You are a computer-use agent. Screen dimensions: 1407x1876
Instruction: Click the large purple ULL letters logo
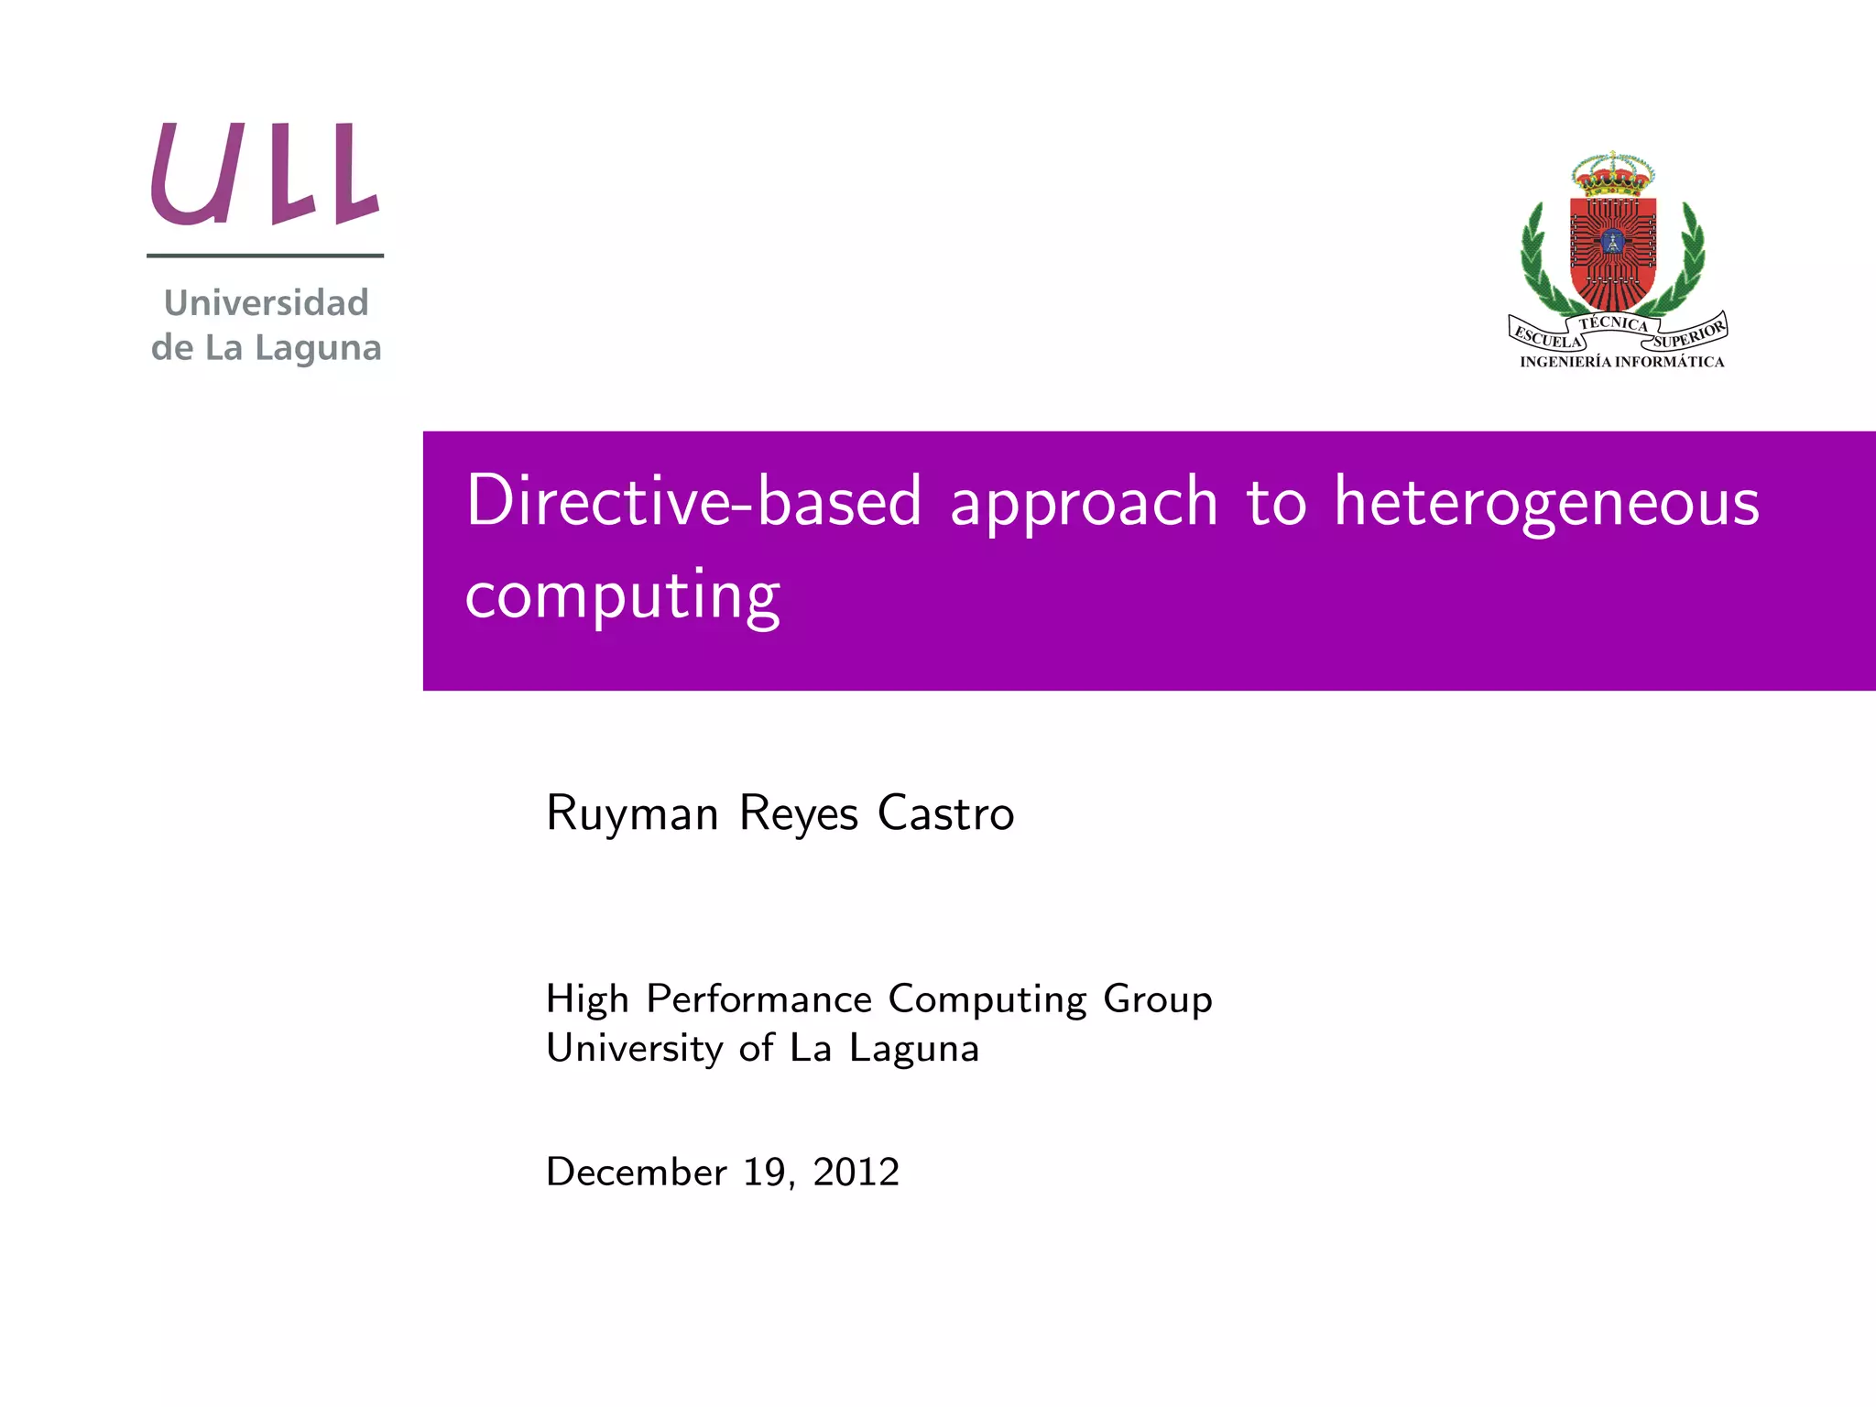[x=265, y=174]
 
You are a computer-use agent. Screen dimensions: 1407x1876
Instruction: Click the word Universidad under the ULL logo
[x=266, y=303]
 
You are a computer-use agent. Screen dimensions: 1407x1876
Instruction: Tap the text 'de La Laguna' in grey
[x=266, y=348]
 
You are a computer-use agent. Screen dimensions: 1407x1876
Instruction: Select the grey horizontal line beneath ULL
[x=265, y=256]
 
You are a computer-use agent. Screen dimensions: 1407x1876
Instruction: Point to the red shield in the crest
[x=1612, y=252]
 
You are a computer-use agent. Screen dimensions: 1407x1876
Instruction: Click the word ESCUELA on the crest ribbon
[x=1547, y=337]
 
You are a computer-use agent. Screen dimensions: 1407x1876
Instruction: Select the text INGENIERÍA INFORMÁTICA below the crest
[x=1621, y=362]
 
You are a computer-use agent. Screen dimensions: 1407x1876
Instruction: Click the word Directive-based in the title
[x=693, y=501]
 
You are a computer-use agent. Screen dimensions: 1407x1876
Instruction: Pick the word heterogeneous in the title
[x=1545, y=503]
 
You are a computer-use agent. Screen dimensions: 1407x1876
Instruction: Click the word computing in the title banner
[x=622, y=595]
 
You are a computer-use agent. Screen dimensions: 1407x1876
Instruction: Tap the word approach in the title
[x=1084, y=503]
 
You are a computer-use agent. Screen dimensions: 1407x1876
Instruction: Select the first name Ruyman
[x=632, y=813]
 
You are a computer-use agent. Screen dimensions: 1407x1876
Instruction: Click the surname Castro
[x=945, y=813]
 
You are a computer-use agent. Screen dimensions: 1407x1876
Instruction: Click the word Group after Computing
[x=1158, y=999]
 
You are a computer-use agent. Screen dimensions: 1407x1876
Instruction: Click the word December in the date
[x=636, y=1172]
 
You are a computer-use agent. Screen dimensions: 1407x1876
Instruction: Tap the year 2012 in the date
[x=856, y=1172]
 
